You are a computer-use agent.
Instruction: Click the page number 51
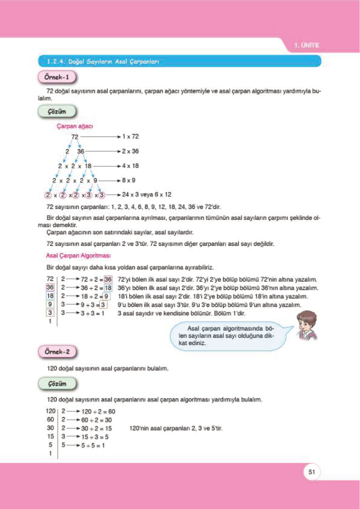(312, 472)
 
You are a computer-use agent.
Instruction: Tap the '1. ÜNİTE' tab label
(306, 45)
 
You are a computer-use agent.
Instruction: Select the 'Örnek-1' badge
(57, 77)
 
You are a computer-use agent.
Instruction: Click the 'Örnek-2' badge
(57, 352)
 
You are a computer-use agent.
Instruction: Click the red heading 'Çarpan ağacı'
(75, 126)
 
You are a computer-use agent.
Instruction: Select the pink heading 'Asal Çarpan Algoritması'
(78, 256)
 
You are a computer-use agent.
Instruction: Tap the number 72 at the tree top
(75, 137)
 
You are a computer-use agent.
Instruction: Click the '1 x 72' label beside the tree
(130, 137)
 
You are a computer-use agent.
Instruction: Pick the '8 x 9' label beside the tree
(128, 180)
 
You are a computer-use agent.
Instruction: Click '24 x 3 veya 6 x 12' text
(147, 195)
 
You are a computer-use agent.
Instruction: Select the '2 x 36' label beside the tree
(130, 151)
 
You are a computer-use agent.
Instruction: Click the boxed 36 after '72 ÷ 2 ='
(108, 279)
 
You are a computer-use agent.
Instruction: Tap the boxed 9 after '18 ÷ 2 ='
(106, 297)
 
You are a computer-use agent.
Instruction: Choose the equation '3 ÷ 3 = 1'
(92, 313)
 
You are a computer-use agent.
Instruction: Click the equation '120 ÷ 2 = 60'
(98, 412)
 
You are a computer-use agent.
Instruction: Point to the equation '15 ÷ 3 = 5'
(95, 437)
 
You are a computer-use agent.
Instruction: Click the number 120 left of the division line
(50, 411)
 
